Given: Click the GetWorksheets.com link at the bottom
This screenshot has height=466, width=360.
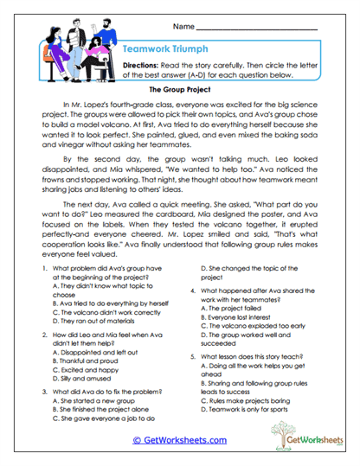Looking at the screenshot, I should [179, 439].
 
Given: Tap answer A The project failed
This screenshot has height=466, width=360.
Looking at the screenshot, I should [231, 306].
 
